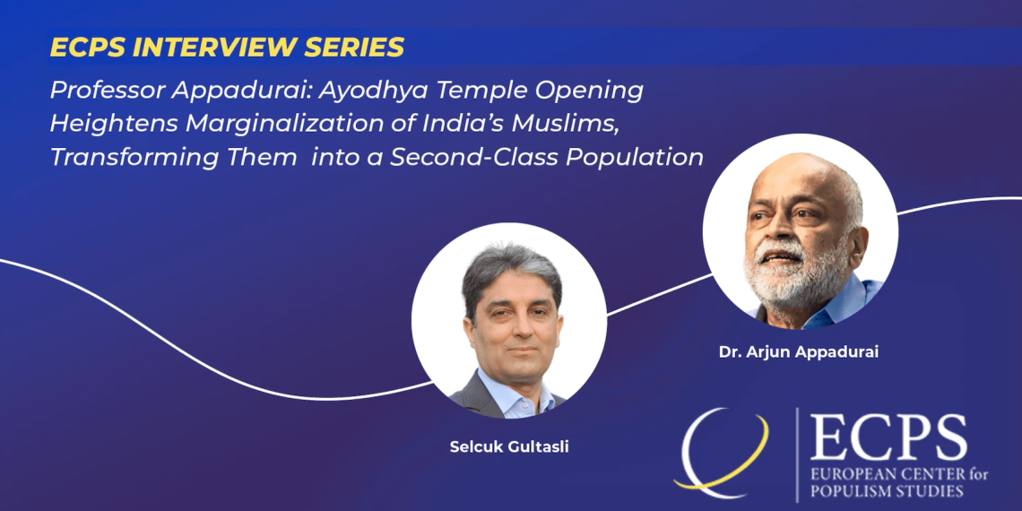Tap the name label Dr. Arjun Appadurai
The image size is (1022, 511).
(x=799, y=352)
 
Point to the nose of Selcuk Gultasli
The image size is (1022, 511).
(x=515, y=329)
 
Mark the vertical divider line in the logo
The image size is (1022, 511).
(x=796, y=455)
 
